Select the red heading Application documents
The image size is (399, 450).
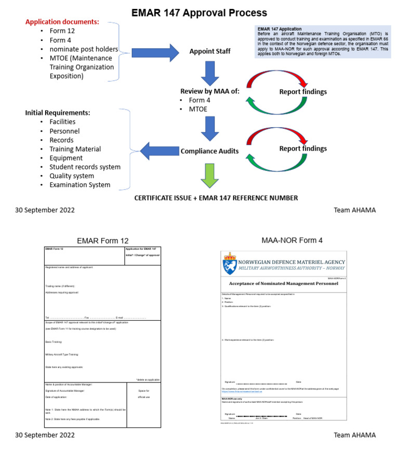click(x=62, y=22)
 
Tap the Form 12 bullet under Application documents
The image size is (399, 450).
click(x=61, y=31)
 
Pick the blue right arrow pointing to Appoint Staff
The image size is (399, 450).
click(x=154, y=52)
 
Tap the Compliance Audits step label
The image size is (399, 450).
click(x=210, y=151)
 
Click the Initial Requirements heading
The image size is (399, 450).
click(x=57, y=113)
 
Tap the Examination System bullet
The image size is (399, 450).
click(x=80, y=184)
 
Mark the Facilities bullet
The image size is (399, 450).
click(x=62, y=122)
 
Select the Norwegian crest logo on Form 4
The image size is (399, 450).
click(x=229, y=263)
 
